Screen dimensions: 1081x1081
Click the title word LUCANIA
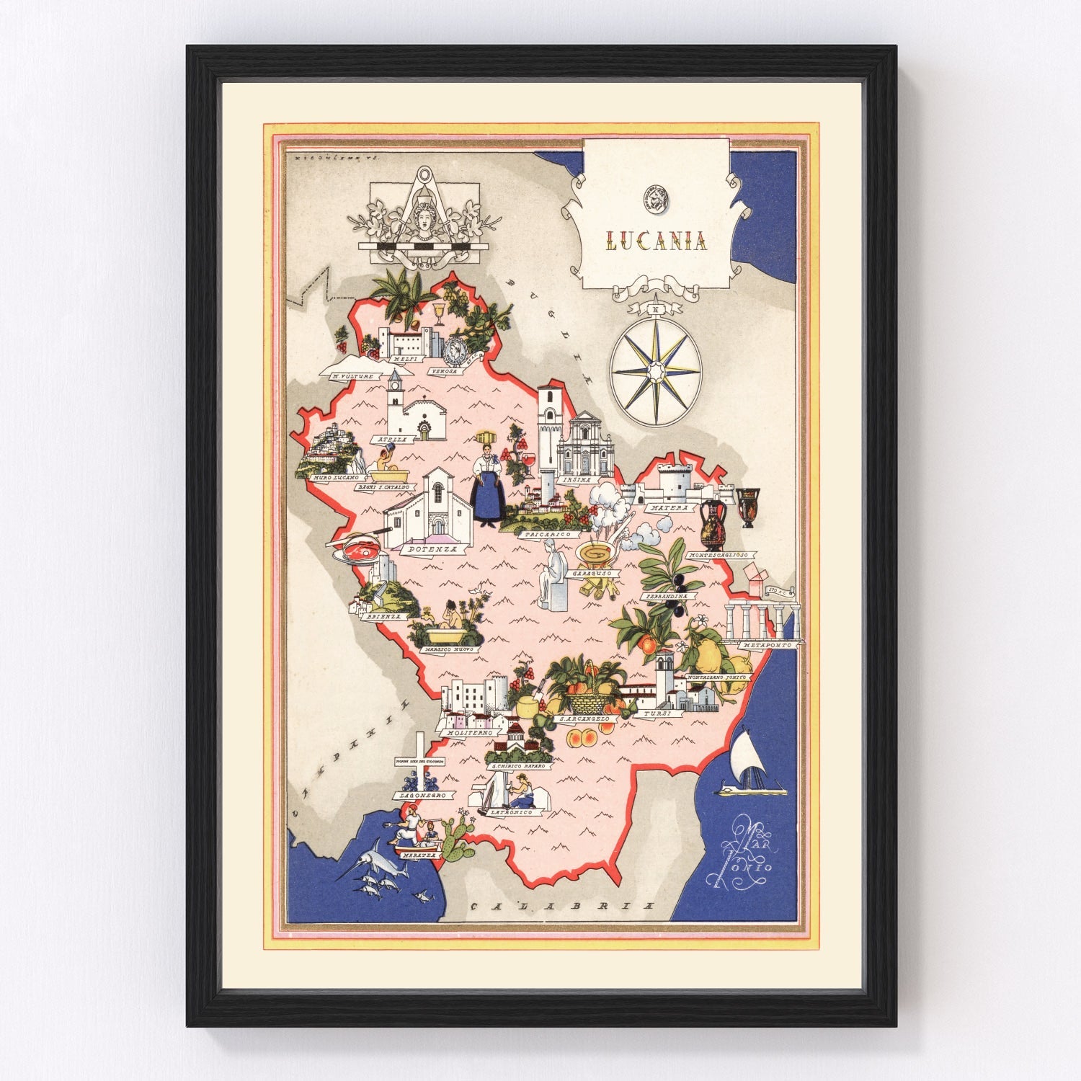[x=656, y=240]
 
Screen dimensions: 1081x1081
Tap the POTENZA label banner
[x=432, y=549]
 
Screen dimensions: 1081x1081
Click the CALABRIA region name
[x=562, y=906]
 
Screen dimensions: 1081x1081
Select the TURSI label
[x=657, y=713]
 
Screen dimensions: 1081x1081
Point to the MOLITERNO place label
[x=470, y=732]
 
